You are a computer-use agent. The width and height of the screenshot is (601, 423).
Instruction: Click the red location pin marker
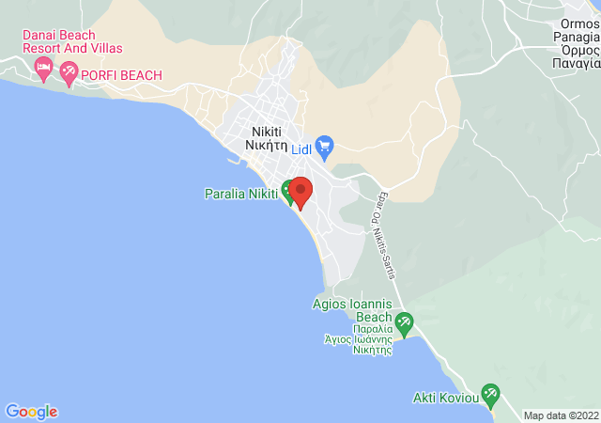[x=300, y=191]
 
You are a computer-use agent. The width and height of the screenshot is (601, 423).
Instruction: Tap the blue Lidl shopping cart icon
[x=325, y=147]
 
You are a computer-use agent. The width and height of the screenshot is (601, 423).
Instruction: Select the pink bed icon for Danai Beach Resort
[x=43, y=68]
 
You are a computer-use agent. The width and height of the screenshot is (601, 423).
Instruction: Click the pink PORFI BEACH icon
[x=69, y=70]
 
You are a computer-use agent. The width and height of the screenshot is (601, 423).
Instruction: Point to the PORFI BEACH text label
[x=122, y=75]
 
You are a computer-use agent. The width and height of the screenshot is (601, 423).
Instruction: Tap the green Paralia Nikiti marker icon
[x=288, y=190]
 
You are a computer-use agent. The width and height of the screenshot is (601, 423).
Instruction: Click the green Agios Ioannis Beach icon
[x=404, y=322]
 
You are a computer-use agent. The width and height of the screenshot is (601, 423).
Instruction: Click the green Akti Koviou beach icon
[x=489, y=393]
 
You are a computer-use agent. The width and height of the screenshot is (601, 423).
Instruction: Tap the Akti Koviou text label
[x=446, y=398]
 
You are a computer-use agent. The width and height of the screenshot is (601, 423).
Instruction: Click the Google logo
[x=31, y=411]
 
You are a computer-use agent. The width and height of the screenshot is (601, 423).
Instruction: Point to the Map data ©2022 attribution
[x=560, y=415]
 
